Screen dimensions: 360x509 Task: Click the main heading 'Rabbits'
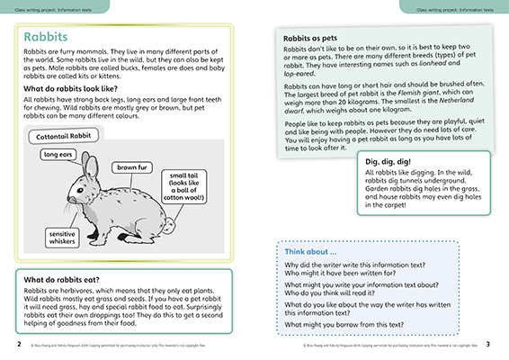49,38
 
